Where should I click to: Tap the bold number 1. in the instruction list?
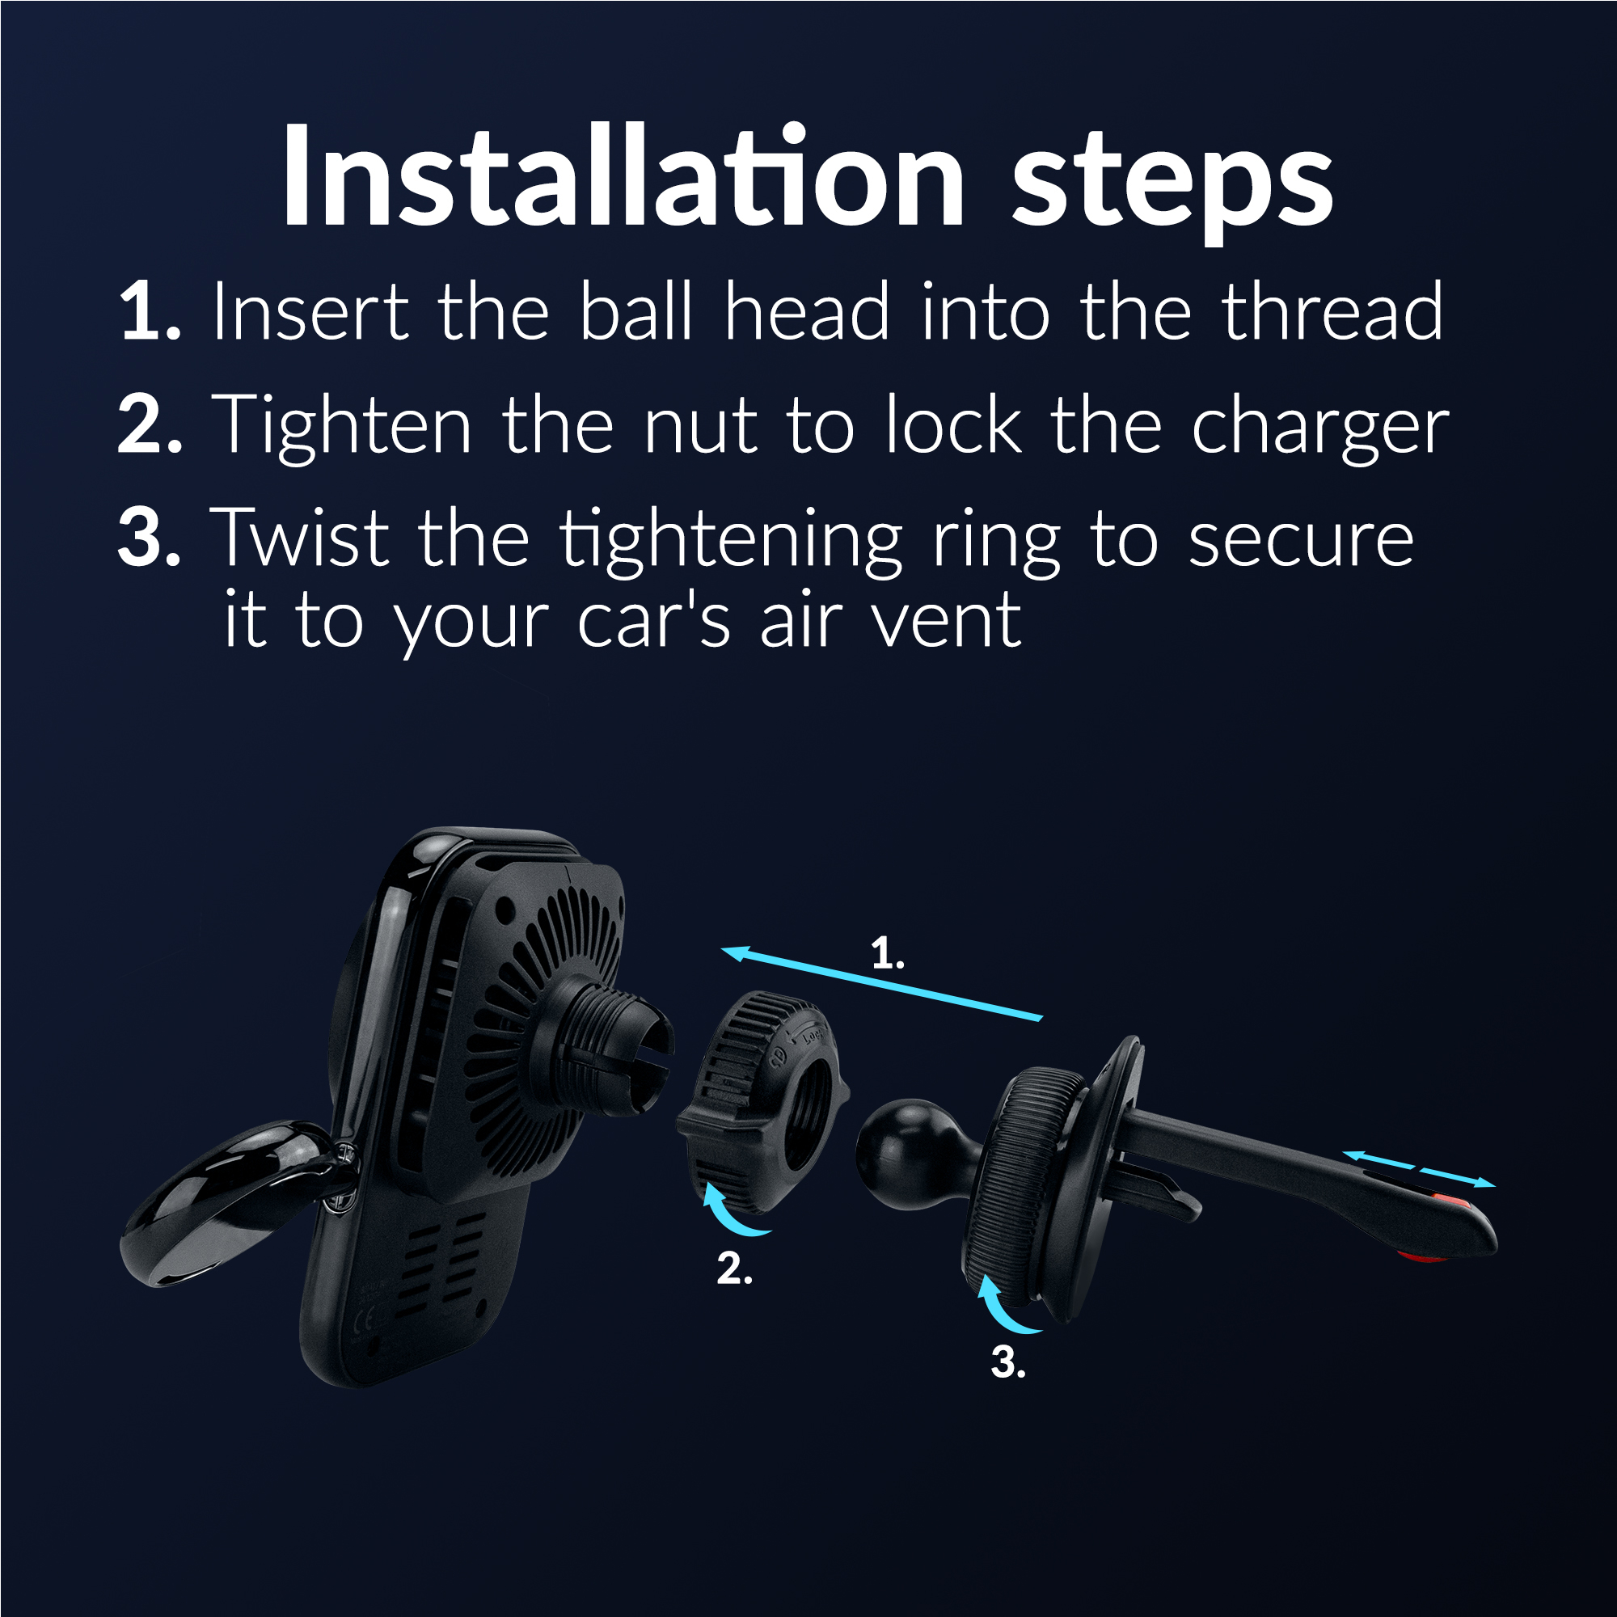point(150,311)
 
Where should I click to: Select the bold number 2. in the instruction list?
point(150,425)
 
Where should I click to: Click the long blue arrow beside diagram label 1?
point(882,983)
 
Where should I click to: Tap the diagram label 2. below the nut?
point(734,1269)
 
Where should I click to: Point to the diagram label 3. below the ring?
point(1007,1362)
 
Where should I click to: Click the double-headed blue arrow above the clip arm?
point(1420,1167)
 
